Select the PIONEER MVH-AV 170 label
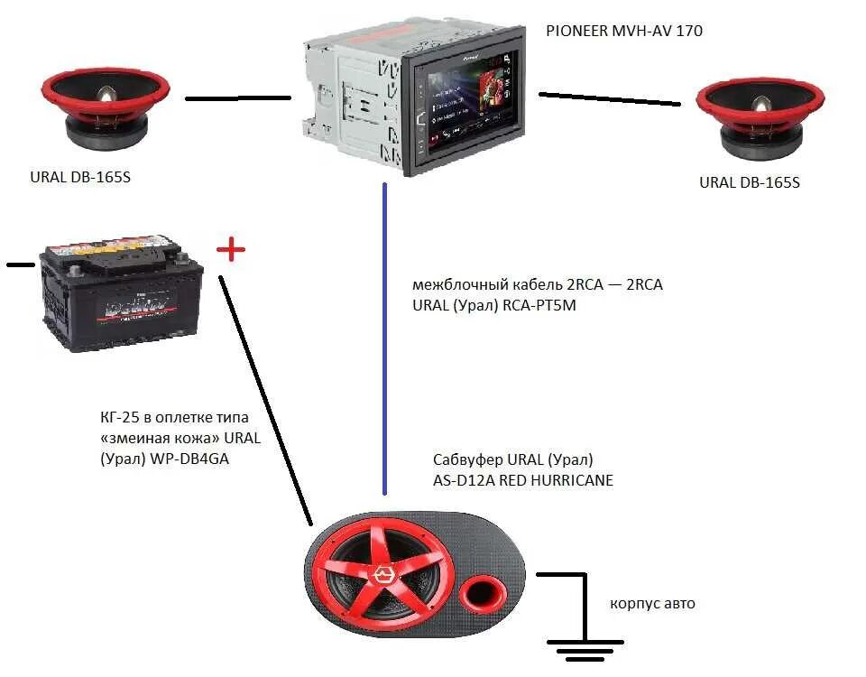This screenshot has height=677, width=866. [x=624, y=31]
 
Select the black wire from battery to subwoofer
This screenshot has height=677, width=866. [x=266, y=397]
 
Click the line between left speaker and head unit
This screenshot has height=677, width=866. [x=238, y=97]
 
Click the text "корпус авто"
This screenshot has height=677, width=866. [x=652, y=603]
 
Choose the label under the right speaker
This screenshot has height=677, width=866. [x=750, y=182]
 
